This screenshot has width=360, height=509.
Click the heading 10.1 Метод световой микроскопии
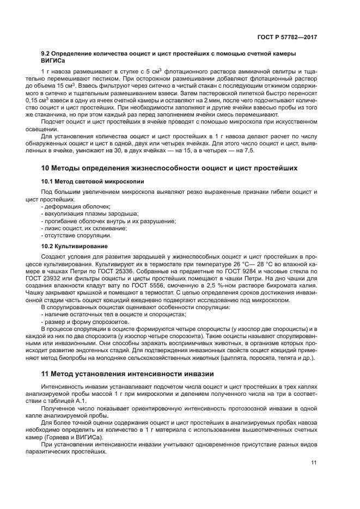[86, 180]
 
